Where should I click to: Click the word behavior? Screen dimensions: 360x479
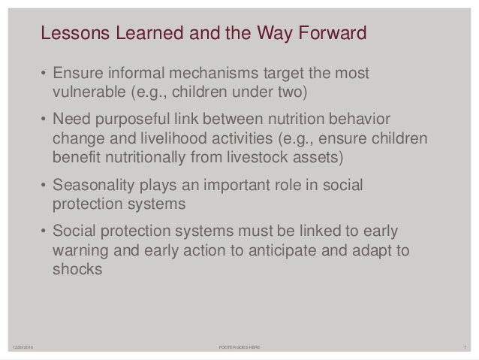[359, 123]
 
